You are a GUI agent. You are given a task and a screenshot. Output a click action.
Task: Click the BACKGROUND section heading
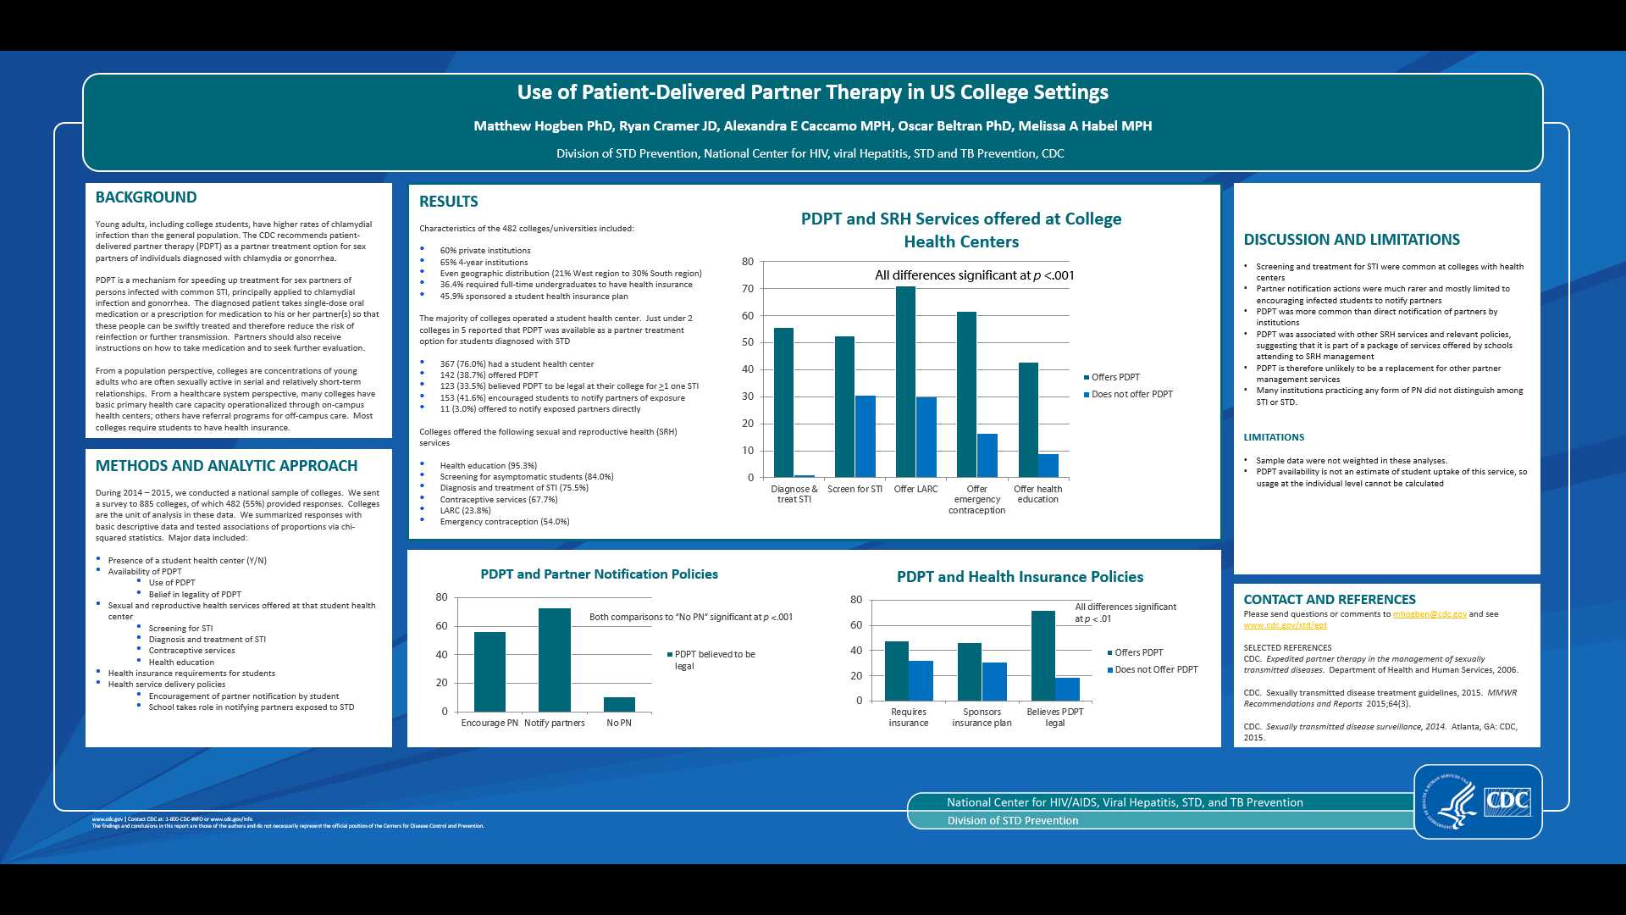click(x=146, y=197)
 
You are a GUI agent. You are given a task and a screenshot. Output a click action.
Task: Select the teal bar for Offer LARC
click(x=905, y=381)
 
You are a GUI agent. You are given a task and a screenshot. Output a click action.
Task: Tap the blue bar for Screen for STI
click(x=865, y=436)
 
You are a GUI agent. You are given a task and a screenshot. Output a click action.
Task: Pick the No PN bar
click(x=619, y=704)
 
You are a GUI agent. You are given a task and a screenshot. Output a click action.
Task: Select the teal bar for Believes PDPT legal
click(x=1043, y=656)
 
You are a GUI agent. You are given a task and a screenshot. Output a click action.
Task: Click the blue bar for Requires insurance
click(x=921, y=680)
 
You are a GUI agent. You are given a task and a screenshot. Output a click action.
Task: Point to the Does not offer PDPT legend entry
click(x=1131, y=395)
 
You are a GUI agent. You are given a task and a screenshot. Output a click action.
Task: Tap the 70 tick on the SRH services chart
click(x=748, y=289)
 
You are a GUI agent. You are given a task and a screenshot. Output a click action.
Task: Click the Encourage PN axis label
click(x=489, y=724)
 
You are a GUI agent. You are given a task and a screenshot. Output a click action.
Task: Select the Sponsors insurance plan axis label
click(x=982, y=718)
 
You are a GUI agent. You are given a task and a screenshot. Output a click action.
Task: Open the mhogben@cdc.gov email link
click(x=1430, y=614)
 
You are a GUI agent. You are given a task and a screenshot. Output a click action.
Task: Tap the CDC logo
click(x=1507, y=801)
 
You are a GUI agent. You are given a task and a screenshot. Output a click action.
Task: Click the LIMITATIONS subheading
click(x=1274, y=438)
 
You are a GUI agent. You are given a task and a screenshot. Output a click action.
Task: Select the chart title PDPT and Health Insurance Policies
click(x=1020, y=577)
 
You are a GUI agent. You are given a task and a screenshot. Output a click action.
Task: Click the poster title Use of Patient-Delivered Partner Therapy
click(x=813, y=92)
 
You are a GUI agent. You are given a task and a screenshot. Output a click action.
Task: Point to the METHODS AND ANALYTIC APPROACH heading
click(x=226, y=466)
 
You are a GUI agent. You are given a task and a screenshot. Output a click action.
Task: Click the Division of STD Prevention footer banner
click(x=1013, y=821)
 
